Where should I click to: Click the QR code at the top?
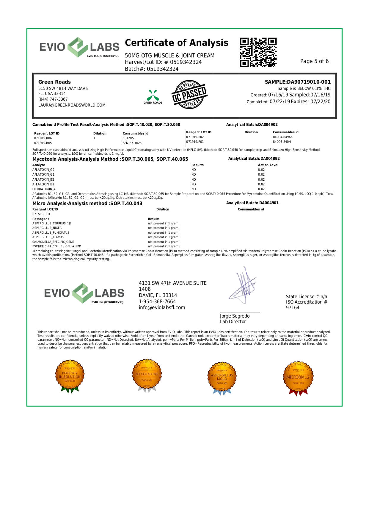click(258, 52)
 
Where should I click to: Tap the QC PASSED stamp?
click(189, 94)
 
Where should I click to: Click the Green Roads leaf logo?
click(153, 96)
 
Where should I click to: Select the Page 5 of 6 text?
click(314, 61)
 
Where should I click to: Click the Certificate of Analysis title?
click(176, 43)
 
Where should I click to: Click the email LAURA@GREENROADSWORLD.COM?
click(72, 105)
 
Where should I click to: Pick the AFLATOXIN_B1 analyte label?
click(43, 184)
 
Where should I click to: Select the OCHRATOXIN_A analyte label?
click(44, 189)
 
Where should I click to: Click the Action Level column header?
click(268, 165)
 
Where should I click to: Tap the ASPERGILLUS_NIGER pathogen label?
click(47, 228)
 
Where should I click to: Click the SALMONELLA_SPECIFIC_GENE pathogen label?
click(53, 242)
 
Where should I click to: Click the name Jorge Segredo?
click(235, 316)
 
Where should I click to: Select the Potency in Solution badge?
click(70, 376)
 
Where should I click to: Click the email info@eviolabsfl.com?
click(162, 308)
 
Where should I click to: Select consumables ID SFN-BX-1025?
click(132, 143)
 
